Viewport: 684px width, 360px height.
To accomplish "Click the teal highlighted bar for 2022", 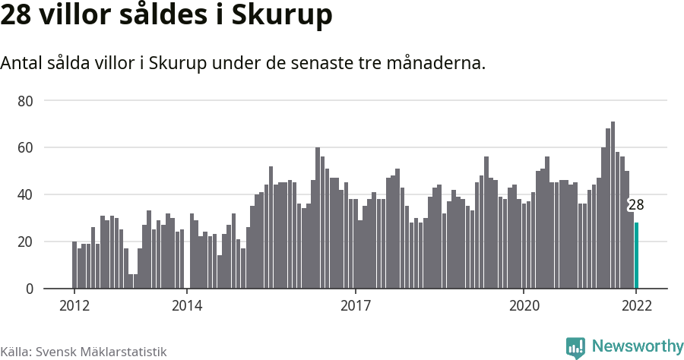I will [636, 255].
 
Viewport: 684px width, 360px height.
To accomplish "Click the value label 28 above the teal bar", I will [635, 205].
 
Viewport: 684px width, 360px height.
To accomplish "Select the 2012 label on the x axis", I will [74, 306].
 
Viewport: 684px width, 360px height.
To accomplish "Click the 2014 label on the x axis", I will [186, 306].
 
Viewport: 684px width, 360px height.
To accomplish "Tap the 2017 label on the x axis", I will [355, 306].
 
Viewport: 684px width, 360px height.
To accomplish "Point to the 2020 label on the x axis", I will [524, 306].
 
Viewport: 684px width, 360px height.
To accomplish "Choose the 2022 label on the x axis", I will [636, 306].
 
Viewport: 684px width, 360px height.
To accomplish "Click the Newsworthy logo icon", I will [575, 347].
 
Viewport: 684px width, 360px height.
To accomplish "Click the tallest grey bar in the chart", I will [613, 205].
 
